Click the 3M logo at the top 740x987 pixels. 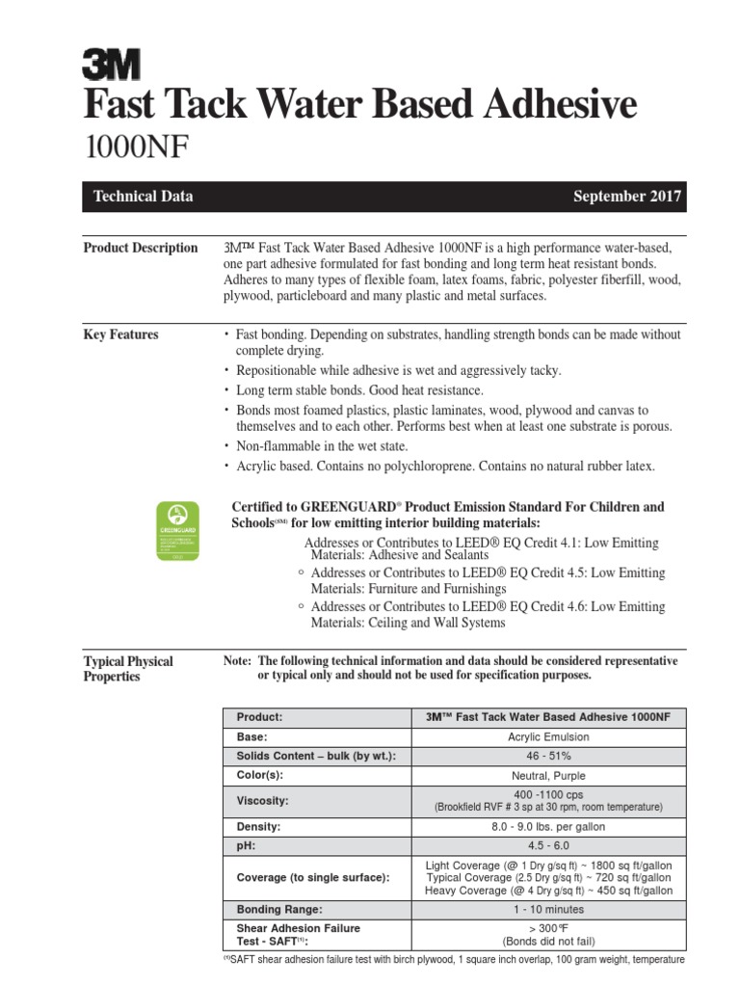[x=110, y=65]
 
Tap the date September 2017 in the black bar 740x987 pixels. [x=627, y=197]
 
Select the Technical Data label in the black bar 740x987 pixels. [x=143, y=197]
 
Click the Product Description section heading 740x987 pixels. [x=141, y=248]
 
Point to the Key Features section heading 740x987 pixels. [x=121, y=334]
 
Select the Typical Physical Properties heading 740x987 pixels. [x=128, y=669]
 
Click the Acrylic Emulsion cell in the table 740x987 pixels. [x=548, y=736]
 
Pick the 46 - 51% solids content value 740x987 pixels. [x=548, y=756]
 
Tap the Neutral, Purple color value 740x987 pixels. [x=548, y=775]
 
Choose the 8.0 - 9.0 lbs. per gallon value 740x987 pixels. [x=548, y=827]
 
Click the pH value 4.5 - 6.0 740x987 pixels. [x=548, y=845]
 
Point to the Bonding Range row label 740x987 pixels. [x=279, y=909]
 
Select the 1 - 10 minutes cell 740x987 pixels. [x=548, y=909]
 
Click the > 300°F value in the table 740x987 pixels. [x=548, y=927]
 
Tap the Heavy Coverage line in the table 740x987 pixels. [x=548, y=891]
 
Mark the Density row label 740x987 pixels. [x=259, y=827]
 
